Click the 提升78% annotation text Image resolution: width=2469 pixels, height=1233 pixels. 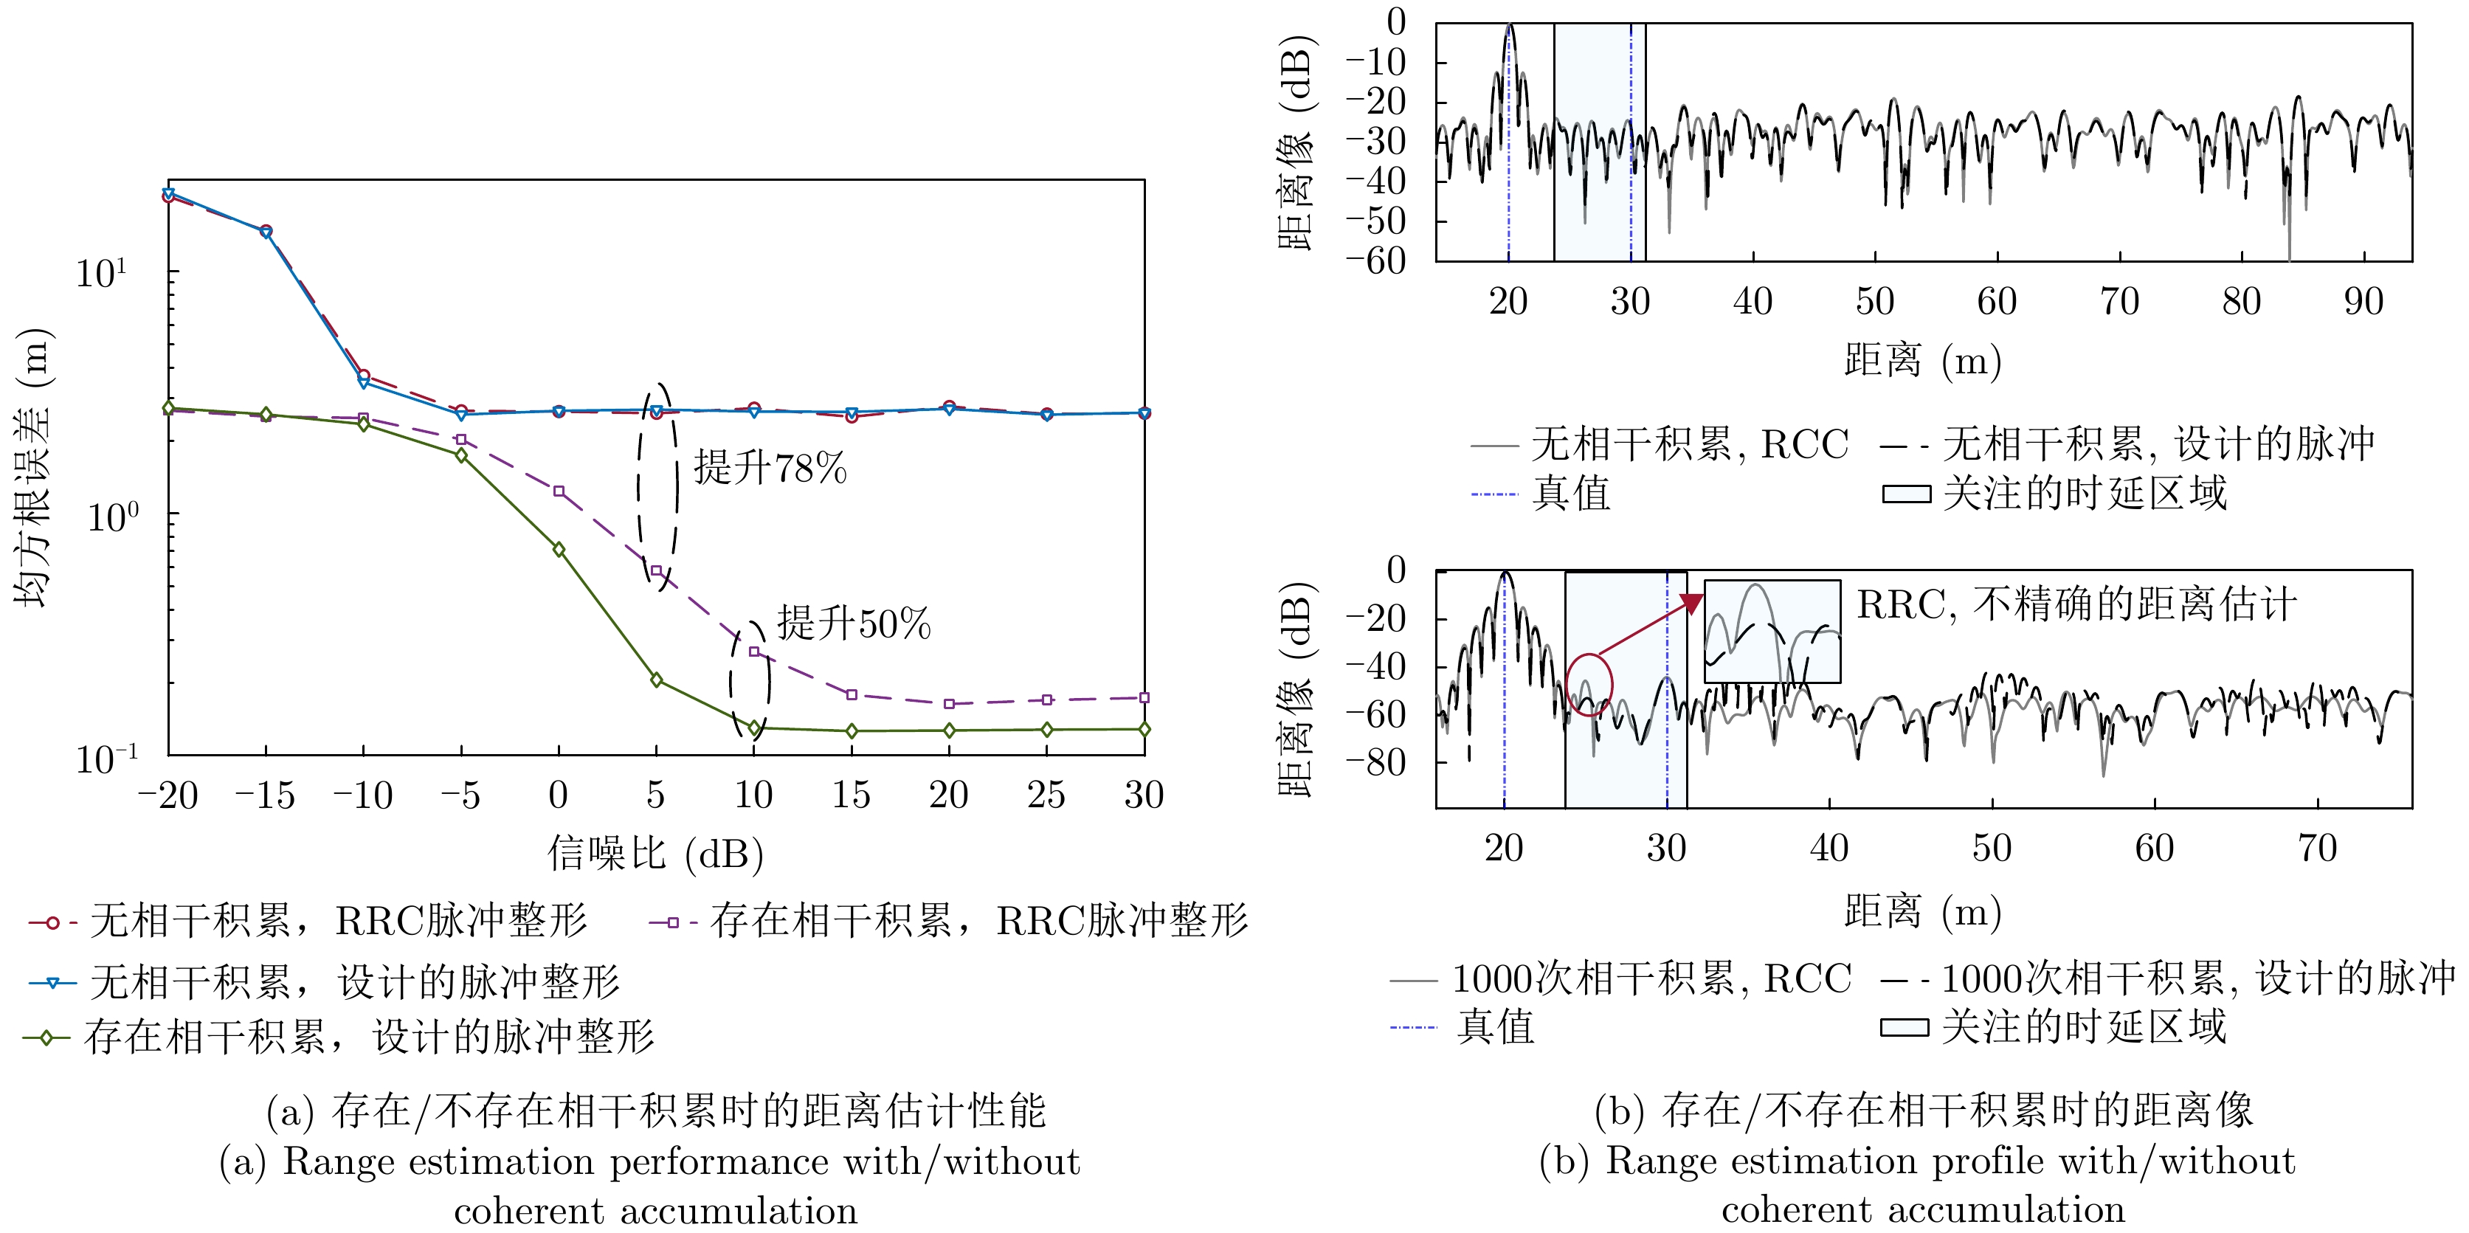pyautogui.click(x=770, y=469)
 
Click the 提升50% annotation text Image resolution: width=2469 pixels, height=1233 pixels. pyautogui.click(x=853, y=624)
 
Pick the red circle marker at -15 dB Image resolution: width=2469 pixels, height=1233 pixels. pyautogui.click(x=266, y=231)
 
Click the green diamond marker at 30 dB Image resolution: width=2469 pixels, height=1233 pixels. pyautogui.click(x=1144, y=730)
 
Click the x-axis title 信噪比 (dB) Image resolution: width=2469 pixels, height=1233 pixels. pyautogui.click(x=655, y=852)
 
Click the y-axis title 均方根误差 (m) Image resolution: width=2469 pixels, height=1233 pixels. pyautogui.click(x=32, y=468)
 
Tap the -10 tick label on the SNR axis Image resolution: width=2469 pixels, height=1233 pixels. pyautogui.click(x=363, y=795)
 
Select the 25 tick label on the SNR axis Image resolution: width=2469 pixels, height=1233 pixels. pyautogui.click(x=1046, y=795)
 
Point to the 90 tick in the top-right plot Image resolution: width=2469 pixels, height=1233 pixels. pyautogui.click(x=2363, y=302)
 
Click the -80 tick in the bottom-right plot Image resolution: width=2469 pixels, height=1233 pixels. pyautogui.click(x=1375, y=763)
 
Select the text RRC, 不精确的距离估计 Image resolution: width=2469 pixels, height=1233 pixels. pyautogui.click(x=2076, y=605)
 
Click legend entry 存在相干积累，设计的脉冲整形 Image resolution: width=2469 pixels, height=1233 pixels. pyautogui.click(x=369, y=1037)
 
